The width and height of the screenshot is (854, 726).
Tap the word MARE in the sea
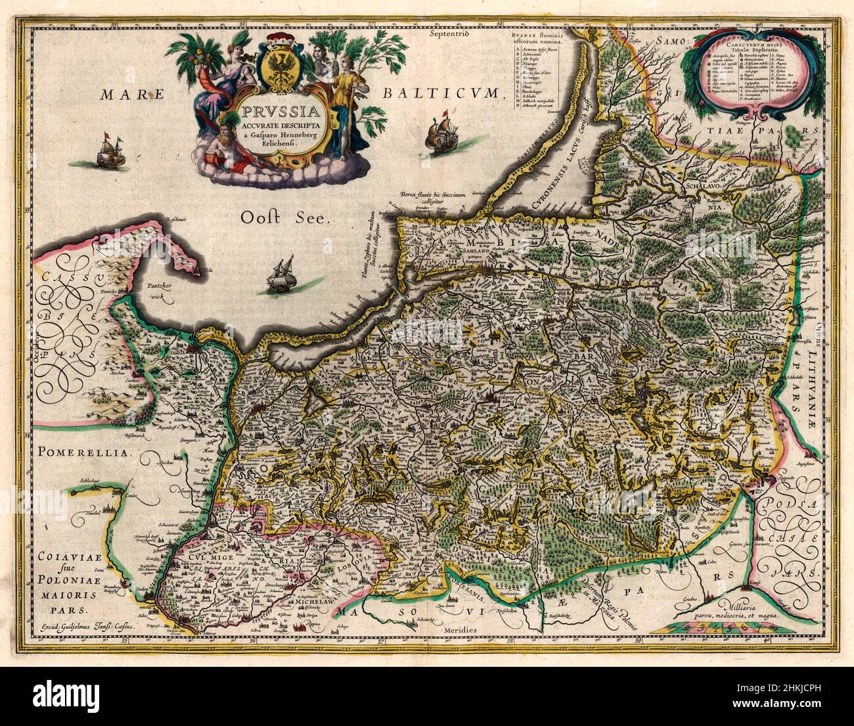coord(132,95)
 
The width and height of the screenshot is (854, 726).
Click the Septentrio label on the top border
coord(447,33)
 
